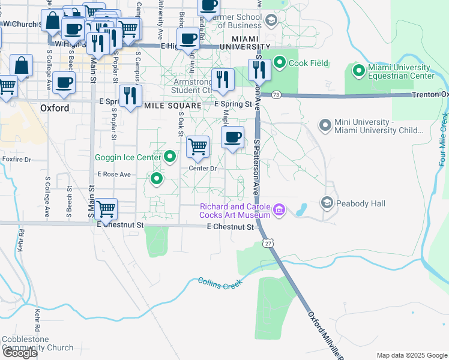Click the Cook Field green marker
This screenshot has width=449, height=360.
pos(280,62)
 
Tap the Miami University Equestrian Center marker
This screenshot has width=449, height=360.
pos(359,71)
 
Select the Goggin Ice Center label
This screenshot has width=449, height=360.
pos(127,158)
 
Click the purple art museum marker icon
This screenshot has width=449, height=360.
pos(279,210)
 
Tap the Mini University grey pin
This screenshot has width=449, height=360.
pos(325,126)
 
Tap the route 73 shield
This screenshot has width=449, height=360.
pos(276,95)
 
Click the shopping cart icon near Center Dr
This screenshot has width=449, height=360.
pos(197,145)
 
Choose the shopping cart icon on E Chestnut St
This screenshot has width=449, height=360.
pos(106,209)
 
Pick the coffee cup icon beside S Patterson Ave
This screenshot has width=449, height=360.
pos(233,137)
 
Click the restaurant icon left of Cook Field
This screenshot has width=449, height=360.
pos(260,70)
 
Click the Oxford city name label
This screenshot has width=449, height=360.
pos(55,109)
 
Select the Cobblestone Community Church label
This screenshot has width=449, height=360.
pos(37,343)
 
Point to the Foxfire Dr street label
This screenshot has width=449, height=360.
pos(16,160)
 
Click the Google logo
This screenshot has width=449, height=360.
pos(19,353)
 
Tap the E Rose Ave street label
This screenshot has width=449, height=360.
pos(114,175)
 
